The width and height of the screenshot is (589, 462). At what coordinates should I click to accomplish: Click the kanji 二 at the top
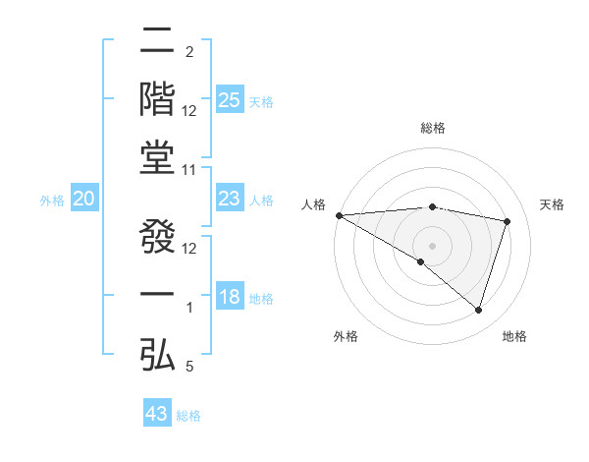pos(158,41)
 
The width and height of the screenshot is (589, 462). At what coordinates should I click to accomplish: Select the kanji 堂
pos(158,157)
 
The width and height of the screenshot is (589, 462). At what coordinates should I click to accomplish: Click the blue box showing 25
pos(230,100)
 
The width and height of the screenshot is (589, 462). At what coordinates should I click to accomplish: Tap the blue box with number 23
pos(230,200)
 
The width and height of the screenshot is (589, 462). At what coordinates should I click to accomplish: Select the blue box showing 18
pos(230,298)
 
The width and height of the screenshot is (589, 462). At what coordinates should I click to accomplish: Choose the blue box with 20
pos(84,200)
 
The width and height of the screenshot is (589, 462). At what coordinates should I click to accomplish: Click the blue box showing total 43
pos(157,414)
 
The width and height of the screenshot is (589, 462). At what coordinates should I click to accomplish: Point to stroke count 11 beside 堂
pos(190,170)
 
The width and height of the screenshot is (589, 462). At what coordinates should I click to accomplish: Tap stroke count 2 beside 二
pos(189,51)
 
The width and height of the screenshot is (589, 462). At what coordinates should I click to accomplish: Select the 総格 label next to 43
pos(188,416)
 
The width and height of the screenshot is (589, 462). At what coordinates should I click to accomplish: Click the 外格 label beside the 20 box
pos(52,201)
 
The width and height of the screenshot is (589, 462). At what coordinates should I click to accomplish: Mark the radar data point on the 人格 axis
pos(339,215)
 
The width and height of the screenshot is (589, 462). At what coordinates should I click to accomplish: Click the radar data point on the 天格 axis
pos(508,221)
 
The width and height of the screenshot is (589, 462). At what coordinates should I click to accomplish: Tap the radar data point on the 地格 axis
pos(478,310)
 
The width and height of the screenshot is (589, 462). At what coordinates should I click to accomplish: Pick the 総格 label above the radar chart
pos(432,128)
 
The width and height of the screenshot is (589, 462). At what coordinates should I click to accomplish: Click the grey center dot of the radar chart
pos(432,245)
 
